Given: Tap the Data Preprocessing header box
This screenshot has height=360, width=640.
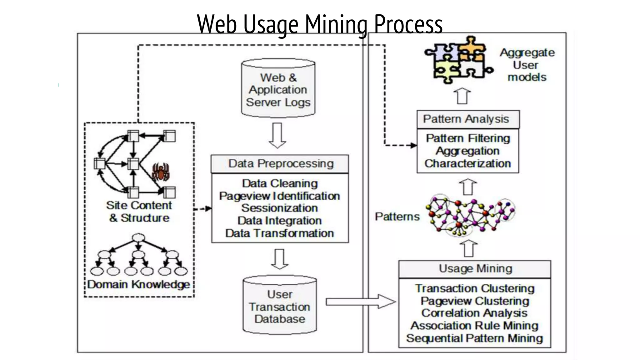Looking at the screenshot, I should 280,164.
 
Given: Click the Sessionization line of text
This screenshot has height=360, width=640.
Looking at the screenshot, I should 280,208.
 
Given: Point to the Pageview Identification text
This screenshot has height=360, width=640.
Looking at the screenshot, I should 280,196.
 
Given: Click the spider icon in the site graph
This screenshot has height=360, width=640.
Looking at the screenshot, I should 161,172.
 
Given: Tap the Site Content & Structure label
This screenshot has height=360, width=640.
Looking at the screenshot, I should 139,212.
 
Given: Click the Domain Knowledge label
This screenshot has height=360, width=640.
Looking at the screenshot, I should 138,284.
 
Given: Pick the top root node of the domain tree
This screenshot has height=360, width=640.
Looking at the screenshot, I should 138,238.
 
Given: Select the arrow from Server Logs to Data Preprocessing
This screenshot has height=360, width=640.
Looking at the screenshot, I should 277,135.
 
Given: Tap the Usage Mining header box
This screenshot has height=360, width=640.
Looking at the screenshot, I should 475,269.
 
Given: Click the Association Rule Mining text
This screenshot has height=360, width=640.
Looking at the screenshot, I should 474,326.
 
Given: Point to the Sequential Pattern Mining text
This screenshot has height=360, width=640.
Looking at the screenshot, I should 474,338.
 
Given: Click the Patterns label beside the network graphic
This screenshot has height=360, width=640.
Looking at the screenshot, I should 397,217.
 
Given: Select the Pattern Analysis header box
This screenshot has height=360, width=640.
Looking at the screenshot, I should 468,119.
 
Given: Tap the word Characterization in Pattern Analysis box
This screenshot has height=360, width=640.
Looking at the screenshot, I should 467,163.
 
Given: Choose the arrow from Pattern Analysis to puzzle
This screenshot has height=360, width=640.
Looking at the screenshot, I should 462,96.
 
